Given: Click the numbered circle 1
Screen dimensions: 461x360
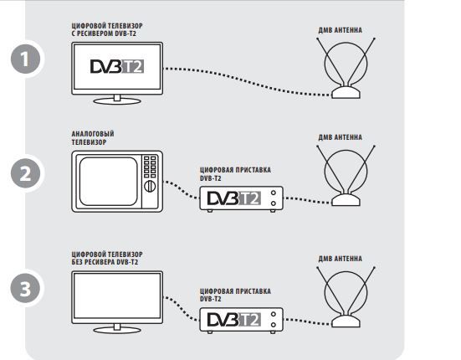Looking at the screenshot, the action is point(26,59).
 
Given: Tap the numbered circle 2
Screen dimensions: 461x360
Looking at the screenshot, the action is point(26,173).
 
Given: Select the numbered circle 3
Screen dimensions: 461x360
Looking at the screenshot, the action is point(26,289).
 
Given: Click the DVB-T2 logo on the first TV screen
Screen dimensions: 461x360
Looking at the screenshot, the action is point(117,66).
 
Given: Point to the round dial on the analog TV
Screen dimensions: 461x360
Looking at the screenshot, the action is point(150,186).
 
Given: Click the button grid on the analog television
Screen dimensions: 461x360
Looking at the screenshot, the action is point(150,167).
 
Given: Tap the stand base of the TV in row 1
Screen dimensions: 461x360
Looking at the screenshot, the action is point(117,101).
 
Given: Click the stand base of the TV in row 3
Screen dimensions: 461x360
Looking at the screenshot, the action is point(117,330).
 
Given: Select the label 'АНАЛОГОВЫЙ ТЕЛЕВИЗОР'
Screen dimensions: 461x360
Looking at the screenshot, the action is point(93,138).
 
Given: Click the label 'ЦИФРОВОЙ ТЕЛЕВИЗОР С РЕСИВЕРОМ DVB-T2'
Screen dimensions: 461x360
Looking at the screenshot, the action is point(107,29).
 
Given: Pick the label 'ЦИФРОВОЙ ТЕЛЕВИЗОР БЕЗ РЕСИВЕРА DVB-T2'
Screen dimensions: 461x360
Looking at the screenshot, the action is point(107,258).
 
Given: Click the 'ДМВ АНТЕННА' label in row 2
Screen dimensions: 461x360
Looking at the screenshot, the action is point(341,137).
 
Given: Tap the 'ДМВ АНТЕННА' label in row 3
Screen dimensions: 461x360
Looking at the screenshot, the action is point(341,259).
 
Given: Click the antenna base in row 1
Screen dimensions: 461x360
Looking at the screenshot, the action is point(346,92).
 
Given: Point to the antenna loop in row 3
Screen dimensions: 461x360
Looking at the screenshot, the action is point(325,292).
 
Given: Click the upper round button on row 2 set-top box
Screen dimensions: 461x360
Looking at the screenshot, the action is point(274,193).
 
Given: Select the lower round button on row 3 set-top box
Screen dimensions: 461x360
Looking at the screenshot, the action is point(274,325).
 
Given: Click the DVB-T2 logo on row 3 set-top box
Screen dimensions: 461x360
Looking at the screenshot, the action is point(234,320).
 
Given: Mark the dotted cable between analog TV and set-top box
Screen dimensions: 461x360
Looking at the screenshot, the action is point(182,190).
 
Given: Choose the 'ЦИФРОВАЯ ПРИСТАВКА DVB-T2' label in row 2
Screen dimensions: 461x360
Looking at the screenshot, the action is point(235,174).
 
